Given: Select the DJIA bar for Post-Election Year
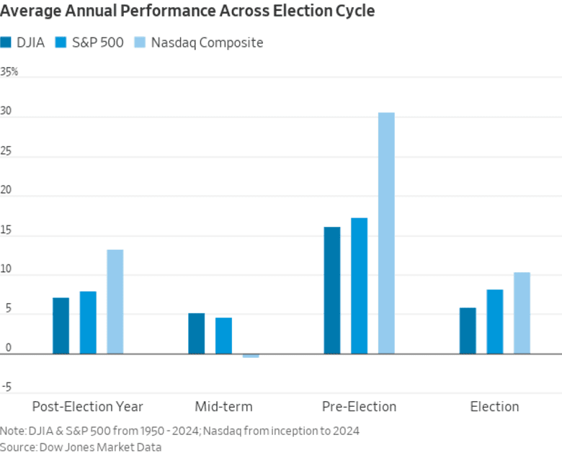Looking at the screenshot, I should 61,326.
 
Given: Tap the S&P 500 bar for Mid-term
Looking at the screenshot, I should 223,336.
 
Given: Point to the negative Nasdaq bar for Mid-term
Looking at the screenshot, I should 251,356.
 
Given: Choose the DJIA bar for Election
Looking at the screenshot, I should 468,331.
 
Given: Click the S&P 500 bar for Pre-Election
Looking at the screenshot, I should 359,285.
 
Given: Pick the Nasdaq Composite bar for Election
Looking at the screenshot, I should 522,313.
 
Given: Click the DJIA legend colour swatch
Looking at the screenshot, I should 6,42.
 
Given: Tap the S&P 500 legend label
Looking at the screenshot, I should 99,42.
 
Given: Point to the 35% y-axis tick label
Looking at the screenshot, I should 9,72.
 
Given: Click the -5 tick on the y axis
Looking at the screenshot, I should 6,387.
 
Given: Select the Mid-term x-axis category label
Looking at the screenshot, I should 223,406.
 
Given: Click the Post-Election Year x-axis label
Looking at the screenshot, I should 88,406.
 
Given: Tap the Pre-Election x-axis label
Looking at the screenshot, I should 359,406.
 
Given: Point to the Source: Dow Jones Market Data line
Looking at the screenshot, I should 81,447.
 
